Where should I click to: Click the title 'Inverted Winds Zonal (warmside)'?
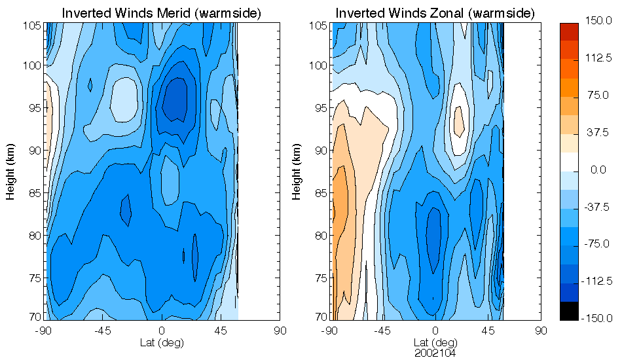435,13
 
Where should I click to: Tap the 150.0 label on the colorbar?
597,22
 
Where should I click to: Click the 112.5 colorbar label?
597,59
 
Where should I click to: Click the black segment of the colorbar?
570,312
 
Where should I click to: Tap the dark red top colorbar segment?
570,30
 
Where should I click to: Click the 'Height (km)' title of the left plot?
11,171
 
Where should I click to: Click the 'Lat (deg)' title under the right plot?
435,342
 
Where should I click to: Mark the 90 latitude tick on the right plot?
541,331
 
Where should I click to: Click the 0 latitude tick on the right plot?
435,331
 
